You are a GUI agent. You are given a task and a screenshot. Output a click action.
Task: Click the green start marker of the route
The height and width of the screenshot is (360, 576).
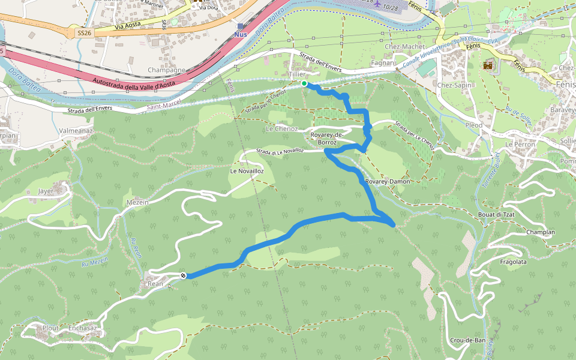point(304,83)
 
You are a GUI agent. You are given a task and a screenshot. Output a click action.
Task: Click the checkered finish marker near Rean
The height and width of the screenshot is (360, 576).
point(184,275)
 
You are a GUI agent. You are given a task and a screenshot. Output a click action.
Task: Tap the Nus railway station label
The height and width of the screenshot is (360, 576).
point(241,34)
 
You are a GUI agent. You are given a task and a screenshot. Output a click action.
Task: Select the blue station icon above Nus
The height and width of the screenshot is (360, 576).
point(241,26)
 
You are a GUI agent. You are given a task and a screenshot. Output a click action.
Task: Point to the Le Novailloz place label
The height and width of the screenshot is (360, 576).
point(247,171)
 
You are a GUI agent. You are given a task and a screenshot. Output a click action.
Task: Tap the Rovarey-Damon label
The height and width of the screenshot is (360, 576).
point(386,181)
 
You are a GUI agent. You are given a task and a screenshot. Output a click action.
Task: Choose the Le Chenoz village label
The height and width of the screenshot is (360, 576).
point(281,129)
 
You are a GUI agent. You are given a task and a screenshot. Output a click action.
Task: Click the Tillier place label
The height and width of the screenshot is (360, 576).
point(298,74)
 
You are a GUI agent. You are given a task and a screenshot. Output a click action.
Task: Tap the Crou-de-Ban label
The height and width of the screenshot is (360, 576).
point(467,340)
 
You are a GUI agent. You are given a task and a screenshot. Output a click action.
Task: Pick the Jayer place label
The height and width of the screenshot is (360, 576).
point(46,191)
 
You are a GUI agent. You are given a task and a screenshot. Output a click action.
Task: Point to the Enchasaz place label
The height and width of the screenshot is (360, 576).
point(82,328)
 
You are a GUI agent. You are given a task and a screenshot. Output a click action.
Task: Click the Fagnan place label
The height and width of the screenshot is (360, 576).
point(383,62)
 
